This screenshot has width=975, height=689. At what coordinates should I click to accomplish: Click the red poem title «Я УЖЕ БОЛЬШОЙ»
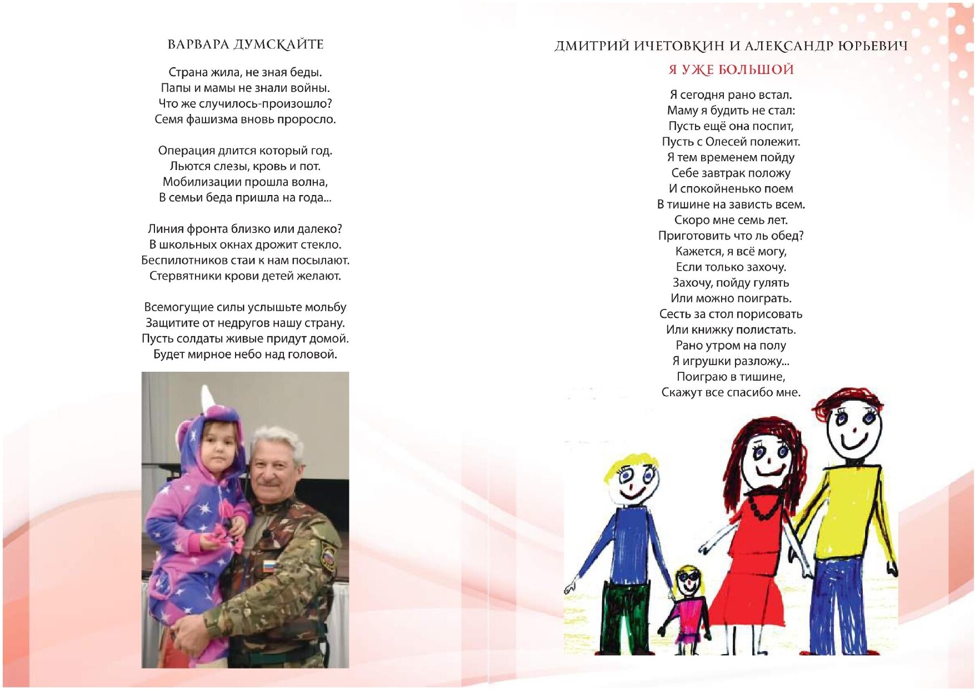pos(731,70)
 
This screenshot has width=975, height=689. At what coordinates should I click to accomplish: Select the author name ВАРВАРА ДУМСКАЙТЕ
pos(245,44)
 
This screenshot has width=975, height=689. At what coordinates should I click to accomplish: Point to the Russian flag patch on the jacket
pos(269,566)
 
